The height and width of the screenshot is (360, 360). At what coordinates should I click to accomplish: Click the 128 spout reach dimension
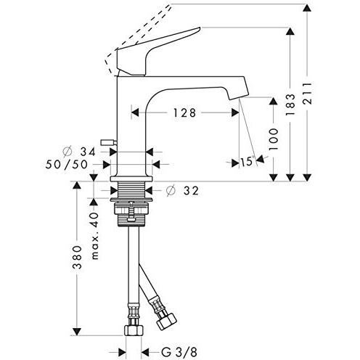[x=184, y=112]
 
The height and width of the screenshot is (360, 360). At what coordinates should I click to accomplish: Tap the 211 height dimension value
[x=308, y=93]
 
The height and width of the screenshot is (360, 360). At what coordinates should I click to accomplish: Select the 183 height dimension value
[x=290, y=105]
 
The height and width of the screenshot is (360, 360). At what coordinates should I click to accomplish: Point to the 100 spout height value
[x=274, y=139]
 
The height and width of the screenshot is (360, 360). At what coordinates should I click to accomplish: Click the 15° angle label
[x=247, y=162]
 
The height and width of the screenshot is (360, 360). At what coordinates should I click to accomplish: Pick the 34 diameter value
[x=88, y=152]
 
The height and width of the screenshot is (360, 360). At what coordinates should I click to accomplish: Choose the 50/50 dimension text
[x=67, y=165]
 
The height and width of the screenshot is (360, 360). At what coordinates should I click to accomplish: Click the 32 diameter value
[x=191, y=191]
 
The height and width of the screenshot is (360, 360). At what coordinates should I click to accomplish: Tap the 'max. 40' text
[x=94, y=236]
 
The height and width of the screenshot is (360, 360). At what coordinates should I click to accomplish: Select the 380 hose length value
[x=78, y=258]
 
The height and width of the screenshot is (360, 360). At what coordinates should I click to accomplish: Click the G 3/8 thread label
[x=179, y=352]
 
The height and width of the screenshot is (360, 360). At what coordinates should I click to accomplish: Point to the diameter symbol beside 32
[x=171, y=191]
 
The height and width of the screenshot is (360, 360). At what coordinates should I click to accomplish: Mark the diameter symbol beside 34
[x=67, y=152]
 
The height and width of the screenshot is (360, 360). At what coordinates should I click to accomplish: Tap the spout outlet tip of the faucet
[x=239, y=97]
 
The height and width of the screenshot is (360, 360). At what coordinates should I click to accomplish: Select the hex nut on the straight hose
[x=134, y=330]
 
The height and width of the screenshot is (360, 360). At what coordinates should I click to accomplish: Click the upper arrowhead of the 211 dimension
[x=307, y=8]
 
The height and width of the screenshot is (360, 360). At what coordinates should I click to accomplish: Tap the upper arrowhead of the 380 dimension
[x=76, y=185]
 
